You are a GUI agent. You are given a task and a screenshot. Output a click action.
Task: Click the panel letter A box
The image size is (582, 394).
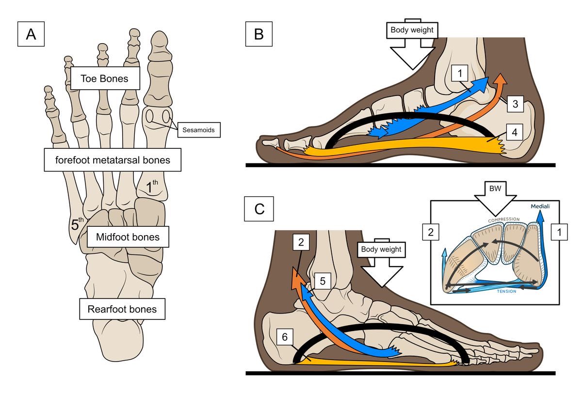tap(31, 34)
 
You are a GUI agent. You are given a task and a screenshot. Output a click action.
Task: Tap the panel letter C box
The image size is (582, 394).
tap(259, 209)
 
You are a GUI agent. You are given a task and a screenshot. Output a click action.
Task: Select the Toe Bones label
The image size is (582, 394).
tap(105, 79)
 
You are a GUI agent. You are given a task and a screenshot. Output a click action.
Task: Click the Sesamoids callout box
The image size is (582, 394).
tap(199, 130)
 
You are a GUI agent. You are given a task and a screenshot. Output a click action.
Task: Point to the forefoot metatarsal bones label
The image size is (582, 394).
tap(113, 160)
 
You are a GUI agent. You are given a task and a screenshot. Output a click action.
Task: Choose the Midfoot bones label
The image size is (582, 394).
tap(128, 236)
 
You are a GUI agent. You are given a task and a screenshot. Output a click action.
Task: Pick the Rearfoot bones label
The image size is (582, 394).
tap(122, 309)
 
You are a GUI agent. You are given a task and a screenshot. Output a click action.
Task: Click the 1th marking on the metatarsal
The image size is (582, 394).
tap(152, 186)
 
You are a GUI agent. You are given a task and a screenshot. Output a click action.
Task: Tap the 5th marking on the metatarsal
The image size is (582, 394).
tap(77, 224)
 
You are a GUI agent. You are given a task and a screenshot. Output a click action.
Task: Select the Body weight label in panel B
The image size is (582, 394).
tap(412, 30)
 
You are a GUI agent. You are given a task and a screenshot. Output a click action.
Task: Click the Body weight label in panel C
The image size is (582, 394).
tap(381, 250)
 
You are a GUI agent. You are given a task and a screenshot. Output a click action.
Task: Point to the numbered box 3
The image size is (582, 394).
tap(515, 104)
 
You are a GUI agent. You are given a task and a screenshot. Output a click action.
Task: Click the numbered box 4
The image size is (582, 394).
tap(515, 132)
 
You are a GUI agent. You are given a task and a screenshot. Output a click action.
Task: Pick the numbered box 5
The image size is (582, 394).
tap(323, 281)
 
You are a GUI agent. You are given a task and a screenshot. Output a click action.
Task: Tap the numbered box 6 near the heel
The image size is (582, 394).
tap(285, 337)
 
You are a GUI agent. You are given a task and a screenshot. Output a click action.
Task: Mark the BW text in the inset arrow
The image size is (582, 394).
tap(495, 188)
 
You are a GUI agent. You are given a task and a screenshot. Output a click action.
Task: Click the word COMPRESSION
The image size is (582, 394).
tap(504, 220)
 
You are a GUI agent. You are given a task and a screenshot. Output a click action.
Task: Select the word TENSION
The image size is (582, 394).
tap(507, 291)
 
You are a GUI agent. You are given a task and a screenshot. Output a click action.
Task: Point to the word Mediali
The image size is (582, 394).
tap(540, 206)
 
